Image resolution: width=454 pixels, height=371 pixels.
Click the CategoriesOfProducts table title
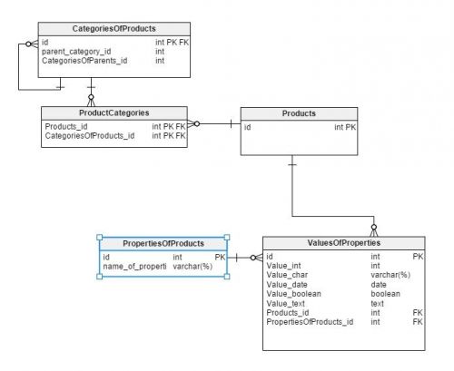coord(113,29)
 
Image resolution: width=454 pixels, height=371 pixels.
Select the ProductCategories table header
coord(114,113)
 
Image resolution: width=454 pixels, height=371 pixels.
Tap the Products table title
coord(299,113)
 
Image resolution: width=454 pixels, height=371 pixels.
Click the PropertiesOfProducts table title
coord(163,243)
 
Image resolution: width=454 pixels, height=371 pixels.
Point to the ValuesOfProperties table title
coord(344,243)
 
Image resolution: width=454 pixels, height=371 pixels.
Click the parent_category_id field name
coord(76,52)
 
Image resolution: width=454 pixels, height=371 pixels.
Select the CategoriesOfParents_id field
coord(84,61)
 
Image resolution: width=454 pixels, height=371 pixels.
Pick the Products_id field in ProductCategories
coord(66,126)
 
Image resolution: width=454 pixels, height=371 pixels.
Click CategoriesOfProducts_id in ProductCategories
coord(90,136)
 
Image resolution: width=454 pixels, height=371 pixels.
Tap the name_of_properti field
coord(134,267)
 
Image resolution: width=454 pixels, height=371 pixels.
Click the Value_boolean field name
coord(293,294)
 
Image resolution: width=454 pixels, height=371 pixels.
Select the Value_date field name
coord(287,285)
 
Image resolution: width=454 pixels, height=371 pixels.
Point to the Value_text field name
coord(285,303)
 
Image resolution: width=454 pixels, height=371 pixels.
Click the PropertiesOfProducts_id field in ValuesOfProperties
coord(310,322)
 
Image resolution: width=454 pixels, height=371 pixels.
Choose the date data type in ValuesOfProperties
coord(379,285)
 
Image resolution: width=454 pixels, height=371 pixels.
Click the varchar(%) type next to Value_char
coord(390,275)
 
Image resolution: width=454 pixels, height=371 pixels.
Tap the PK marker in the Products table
coord(350,127)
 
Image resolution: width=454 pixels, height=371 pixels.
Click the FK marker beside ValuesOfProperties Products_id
coord(418,313)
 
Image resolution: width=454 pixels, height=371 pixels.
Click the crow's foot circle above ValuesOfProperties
coord(374,227)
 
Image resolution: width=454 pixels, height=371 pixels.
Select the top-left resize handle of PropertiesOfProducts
coord(99,238)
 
